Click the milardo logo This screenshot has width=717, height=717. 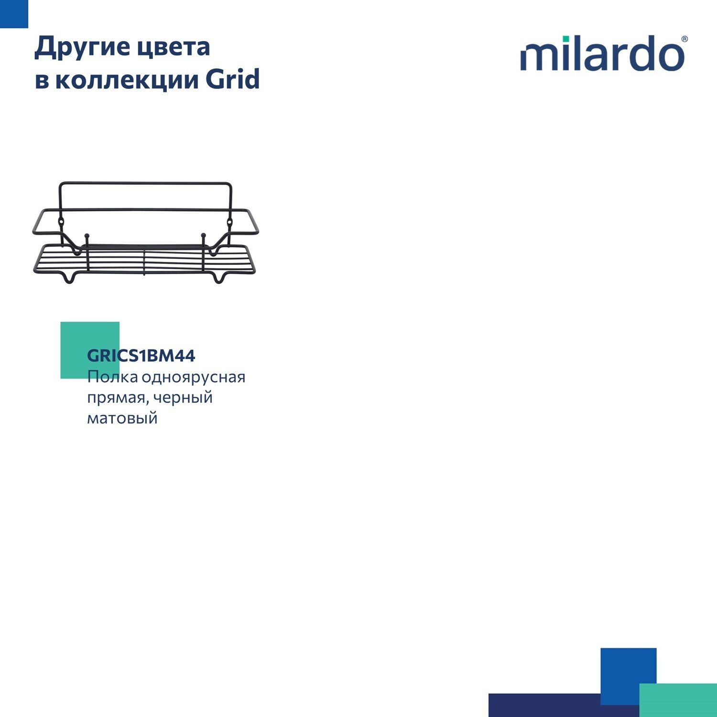click(x=604, y=53)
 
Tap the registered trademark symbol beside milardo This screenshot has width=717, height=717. click(x=684, y=39)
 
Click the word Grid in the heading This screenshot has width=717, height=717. click(x=233, y=78)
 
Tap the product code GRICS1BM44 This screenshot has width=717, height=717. click(x=141, y=356)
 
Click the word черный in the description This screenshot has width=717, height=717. click(x=183, y=398)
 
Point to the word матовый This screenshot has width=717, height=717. click(x=122, y=418)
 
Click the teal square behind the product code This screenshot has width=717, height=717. click(x=90, y=350)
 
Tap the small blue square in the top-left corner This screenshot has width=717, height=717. click(x=14, y=14)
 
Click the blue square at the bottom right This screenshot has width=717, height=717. click(x=628, y=676)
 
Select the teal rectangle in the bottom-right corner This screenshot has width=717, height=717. click(x=678, y=700)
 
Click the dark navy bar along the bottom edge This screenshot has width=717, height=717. click(x=564, y=705)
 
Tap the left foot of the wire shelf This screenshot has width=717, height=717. click(x=70, y=277)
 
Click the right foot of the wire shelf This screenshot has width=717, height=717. click(x=219, y=277)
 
